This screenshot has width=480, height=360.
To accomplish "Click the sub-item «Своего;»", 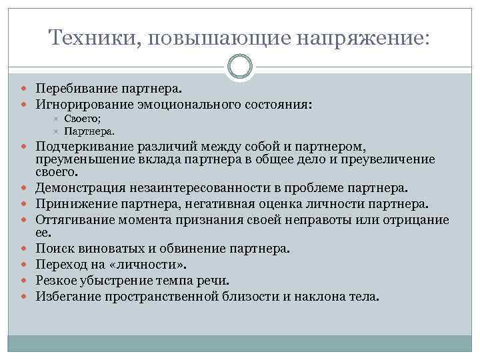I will tap(84, 119).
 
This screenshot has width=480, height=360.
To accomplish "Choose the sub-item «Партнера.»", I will tap(89, 131).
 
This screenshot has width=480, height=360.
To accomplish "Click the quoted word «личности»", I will tap(141, 265).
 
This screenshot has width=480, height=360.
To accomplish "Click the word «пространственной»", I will tap(157, 295).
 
